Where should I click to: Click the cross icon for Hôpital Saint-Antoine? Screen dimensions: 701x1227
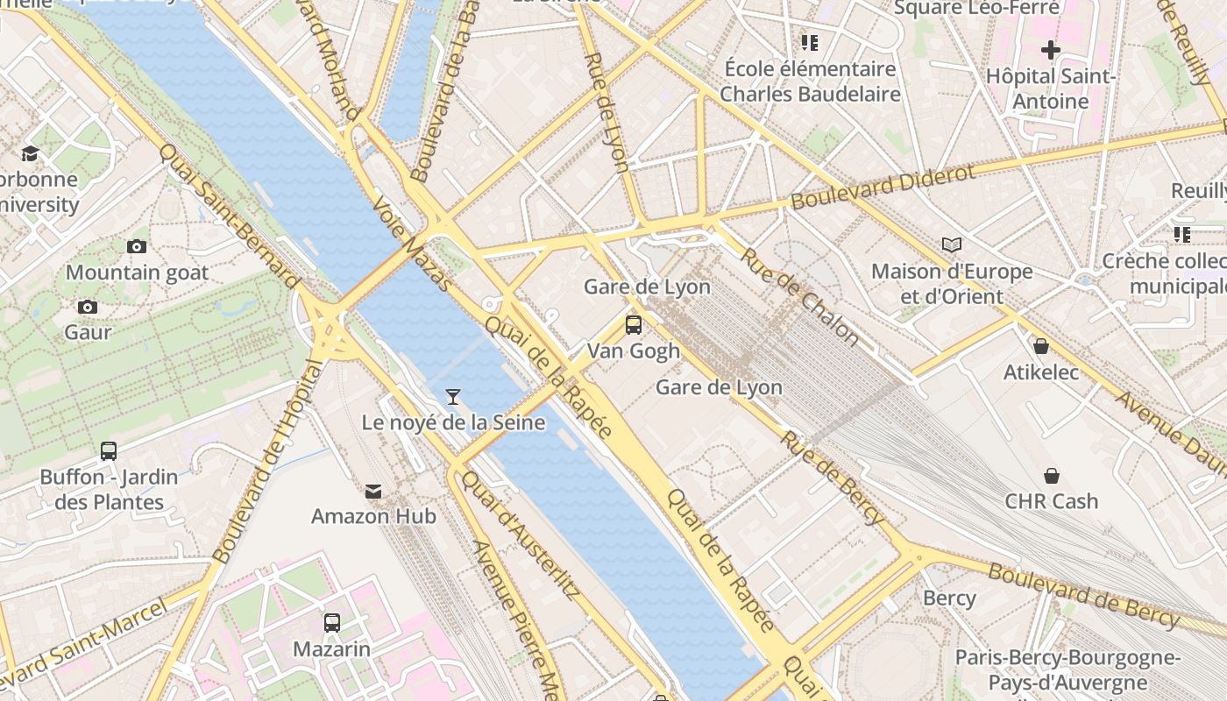click(x=1050, y=49)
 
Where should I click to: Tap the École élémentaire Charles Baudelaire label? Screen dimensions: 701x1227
click(x=810, y=81)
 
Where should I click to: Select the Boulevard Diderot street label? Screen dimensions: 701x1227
click(x=883, y=187)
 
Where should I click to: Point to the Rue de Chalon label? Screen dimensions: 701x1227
click(x=800, y=295)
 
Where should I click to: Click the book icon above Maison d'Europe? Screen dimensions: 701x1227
click(x=952, y=245)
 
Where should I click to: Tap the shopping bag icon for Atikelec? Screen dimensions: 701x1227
click(x=1041, y=346)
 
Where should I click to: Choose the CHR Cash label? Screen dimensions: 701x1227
click(x=1051, y=501)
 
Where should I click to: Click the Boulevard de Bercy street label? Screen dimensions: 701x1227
click(x=1084, y=595)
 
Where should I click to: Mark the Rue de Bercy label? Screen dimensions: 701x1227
click(x=833, y=478)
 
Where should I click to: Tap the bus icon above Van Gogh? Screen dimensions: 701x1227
click(x=633, y=325)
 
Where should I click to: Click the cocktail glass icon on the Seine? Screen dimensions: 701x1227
click(x=453, y=397)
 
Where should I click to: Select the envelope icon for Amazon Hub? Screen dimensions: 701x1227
click(x=374, y=491)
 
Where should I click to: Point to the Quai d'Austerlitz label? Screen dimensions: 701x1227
click(x=520, y=535)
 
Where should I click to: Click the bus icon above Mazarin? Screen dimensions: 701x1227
click(x=332, y=623)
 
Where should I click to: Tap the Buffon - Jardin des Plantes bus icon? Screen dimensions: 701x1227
click(x=109, y=451)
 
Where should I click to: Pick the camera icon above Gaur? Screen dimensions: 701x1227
click(x=88, y=307)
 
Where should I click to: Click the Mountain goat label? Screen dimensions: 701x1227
click(x=138, y=273)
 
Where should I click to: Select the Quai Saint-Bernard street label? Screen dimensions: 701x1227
click(x=229, y=215)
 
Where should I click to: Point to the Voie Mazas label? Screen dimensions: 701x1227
click(x=412, y=243)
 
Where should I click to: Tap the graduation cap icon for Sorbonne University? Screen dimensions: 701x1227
click(x=31, y=154)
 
